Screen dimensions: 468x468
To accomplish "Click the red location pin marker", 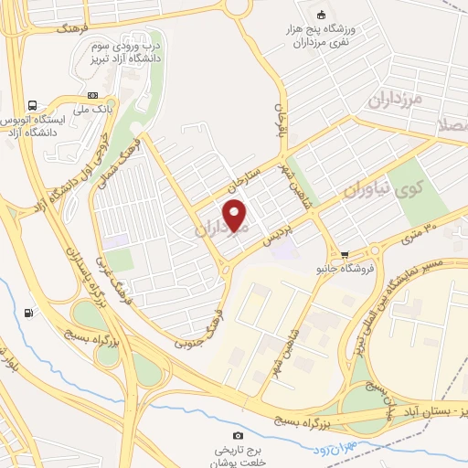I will [x=236, y=215].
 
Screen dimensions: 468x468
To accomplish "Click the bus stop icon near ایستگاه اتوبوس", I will [x=34, y=105].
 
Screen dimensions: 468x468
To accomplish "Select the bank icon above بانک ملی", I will [x=92, y=95].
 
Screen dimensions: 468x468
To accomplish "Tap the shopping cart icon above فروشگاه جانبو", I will [x=344, y=254].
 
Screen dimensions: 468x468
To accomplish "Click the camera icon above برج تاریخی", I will [x=239, y=435].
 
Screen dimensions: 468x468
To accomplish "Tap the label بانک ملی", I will [x=93, y=110].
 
